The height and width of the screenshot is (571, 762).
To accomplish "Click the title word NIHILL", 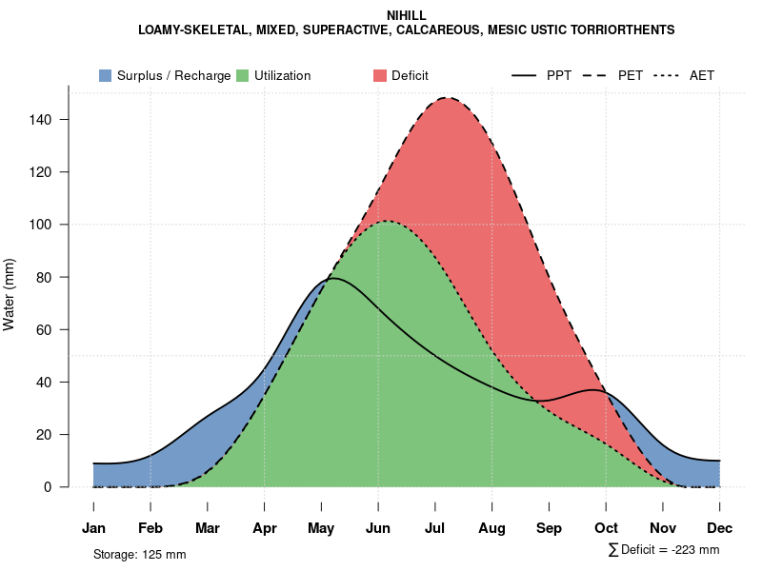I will (407, 16).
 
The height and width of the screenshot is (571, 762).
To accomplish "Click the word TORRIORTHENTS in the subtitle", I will (627, 30).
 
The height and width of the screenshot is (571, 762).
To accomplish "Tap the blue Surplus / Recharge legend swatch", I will (105, 75).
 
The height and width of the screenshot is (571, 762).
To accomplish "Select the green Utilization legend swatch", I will (242, 75).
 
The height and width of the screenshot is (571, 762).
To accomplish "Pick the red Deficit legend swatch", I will (380, 75).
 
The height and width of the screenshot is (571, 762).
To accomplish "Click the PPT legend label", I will (559, 75).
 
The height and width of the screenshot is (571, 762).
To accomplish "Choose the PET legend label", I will (631, 75).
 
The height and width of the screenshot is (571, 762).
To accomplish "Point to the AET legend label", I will (702, 75).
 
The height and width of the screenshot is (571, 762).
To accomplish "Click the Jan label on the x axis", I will (93, 528).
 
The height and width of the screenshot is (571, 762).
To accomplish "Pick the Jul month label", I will (435, 528).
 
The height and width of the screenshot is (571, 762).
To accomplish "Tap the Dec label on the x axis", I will (720, 528).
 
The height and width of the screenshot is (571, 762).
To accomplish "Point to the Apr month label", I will (265, 528).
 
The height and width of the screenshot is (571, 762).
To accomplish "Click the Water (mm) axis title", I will (10, 294).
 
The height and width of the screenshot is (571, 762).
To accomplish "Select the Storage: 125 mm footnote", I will (139, 554).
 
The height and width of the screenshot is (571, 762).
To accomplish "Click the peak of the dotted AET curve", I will (388, 221).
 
